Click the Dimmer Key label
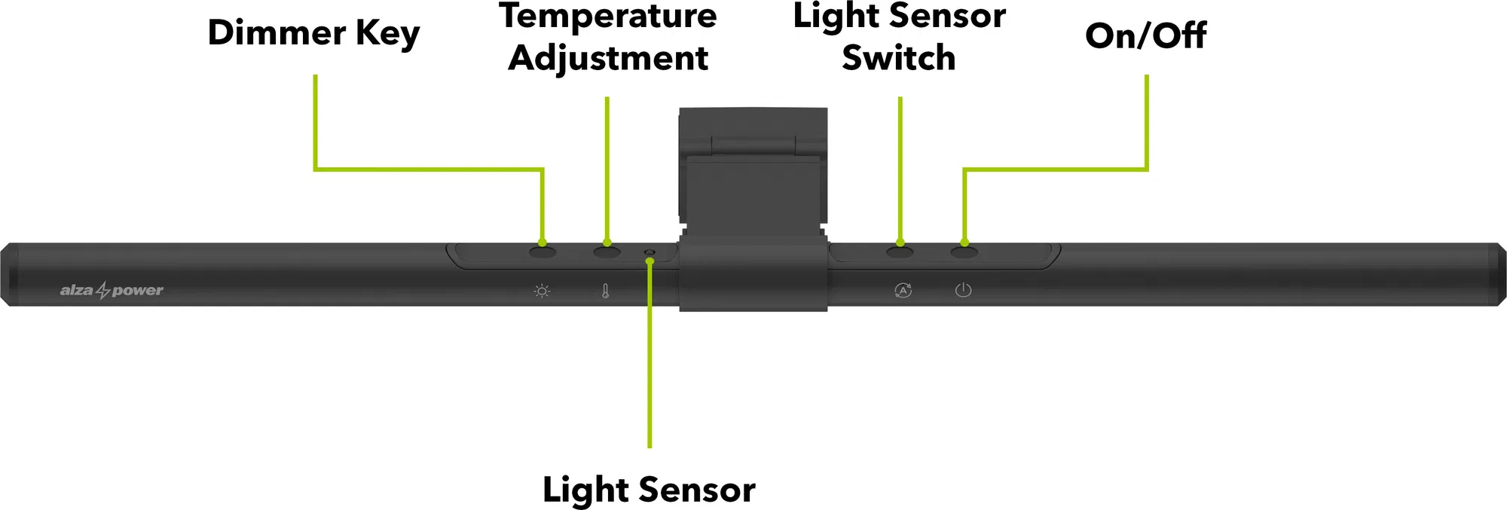tap(313, 34)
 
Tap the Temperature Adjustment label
tap(607, 36)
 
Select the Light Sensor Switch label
tap(899, 36)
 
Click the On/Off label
tap(1145, 35)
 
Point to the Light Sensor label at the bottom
tap(649, 490)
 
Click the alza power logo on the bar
tap(112, 290)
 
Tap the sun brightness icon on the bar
tap(542, 291)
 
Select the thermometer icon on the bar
tap(605, 291)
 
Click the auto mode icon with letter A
tap(903, 290)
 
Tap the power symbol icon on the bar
tap(963, 290)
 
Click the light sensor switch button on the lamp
tap(900, 252)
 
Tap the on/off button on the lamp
tap(964, 252)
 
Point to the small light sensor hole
tap(650, 252)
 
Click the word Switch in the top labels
tap(899, 58)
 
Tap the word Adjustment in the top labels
tap(607, 58)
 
